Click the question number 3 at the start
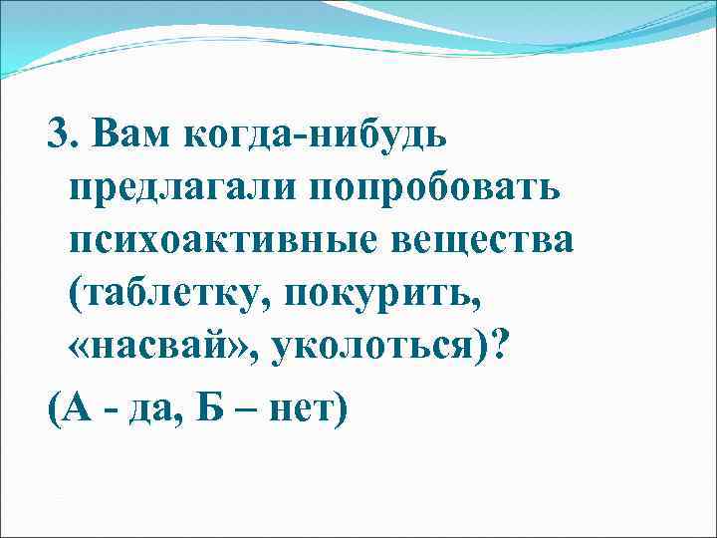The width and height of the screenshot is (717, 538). tap(59, 135)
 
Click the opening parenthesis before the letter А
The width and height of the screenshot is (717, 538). tap(55, 405)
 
